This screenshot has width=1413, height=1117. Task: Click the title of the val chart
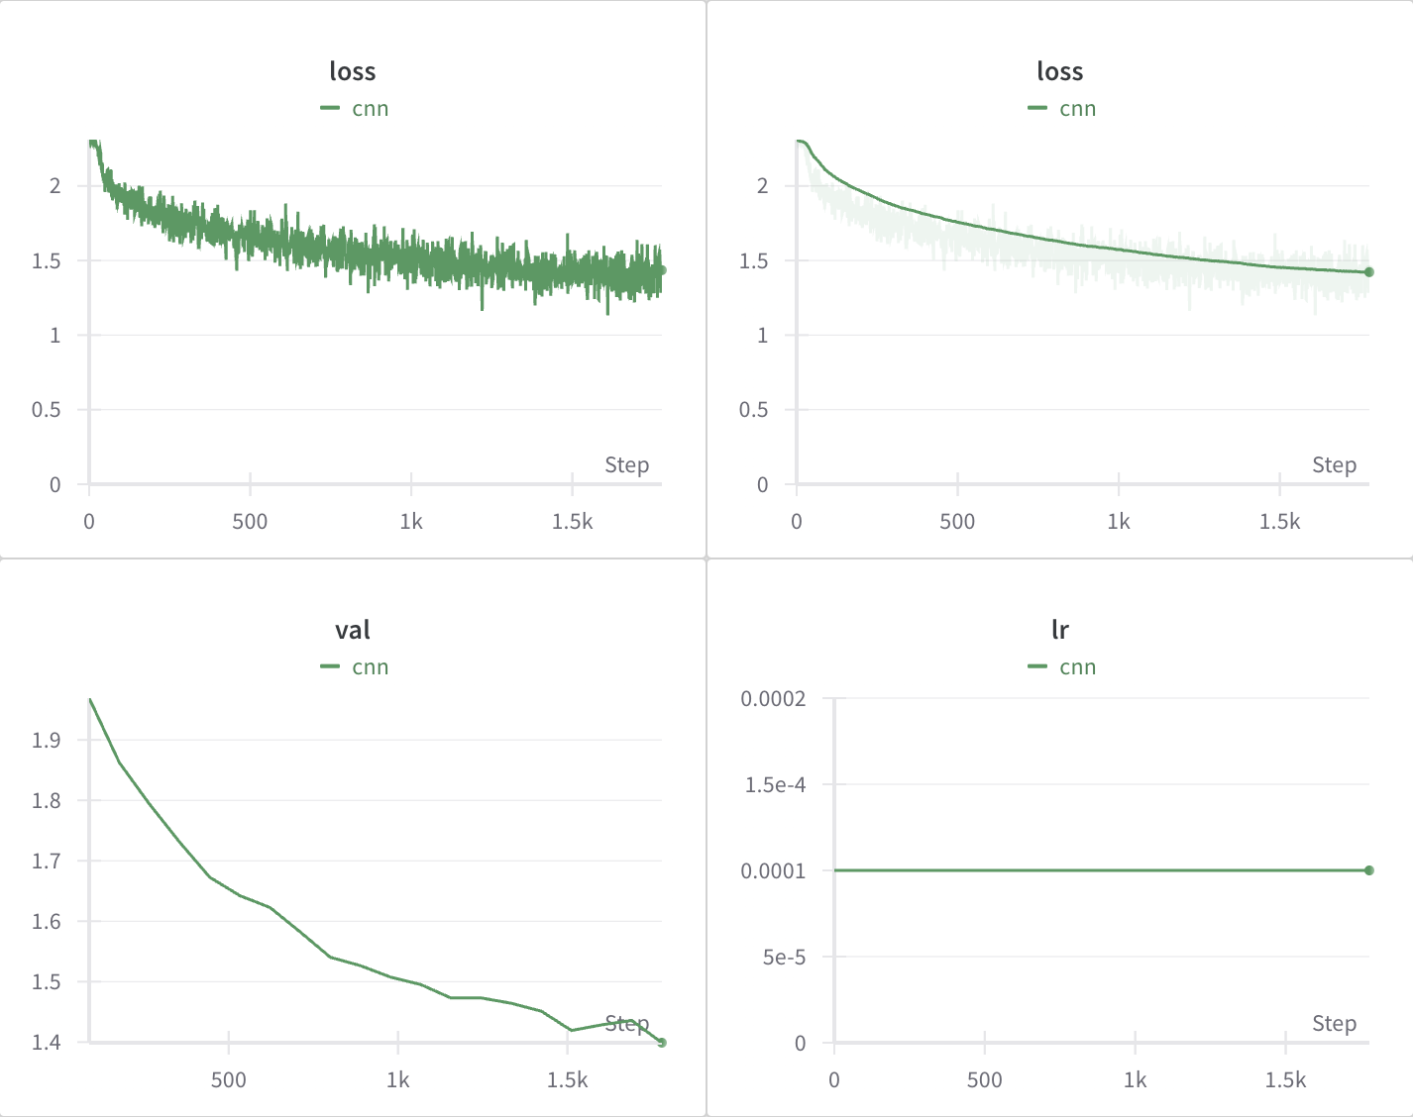(353, 630)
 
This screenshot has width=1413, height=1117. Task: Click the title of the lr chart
(1059, 630)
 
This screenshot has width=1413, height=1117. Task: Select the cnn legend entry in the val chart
(355, 667)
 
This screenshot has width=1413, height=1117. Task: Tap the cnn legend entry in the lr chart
(1062, 667)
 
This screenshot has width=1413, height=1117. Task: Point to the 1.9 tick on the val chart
(46, 740)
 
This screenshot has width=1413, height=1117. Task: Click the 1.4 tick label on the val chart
(46, 1042)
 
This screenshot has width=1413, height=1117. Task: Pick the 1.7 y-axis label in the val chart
(46, 861)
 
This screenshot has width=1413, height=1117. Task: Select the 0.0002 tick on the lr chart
(773, 699)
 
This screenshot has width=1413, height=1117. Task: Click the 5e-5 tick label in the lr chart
(783, 957)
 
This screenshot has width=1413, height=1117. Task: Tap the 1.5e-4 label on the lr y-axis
(775, 785)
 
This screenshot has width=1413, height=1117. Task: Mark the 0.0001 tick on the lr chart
(773, 871)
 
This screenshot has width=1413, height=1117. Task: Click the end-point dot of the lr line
(1368, 870)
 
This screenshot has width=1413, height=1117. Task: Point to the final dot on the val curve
(662, 1042)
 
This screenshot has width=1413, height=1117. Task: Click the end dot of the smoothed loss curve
(1368, 271)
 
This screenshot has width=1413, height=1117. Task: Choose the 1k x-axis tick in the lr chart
(1135, 1079)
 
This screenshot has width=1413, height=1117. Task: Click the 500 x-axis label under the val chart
(228, 1079)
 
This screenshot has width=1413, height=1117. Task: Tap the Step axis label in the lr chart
(1334, 1023)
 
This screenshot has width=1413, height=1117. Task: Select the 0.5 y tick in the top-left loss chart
(46, 410)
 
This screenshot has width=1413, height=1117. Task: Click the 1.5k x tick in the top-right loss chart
(1279, 521)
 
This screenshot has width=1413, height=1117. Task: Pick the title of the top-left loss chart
(353, 71)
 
